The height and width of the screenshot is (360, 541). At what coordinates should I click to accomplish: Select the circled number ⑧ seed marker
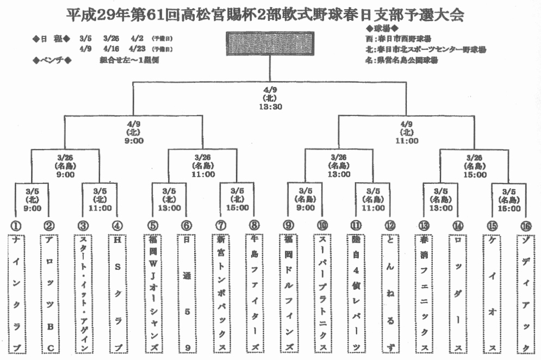(x=254, y=225)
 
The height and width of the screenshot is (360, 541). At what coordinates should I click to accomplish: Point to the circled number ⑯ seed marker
(x=525, y=225)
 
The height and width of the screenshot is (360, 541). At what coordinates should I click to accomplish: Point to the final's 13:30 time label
(x=270, y=107)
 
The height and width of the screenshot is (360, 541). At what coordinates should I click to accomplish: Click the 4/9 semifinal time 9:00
(x=134, y=141)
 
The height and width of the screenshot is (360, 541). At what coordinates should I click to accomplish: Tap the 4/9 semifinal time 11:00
(x=407, y=141)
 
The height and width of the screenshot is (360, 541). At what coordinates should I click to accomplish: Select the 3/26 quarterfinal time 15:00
(x=475, y=175)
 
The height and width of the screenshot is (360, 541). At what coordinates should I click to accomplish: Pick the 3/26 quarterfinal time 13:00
(x=338, y=175)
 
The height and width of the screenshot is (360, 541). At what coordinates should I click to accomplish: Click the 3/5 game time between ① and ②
(x=33, y=208)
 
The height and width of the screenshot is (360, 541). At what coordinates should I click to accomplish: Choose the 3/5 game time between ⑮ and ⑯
(x=509, y=208)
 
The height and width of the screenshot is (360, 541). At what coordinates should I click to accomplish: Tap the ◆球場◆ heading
(x=383, y=28)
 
